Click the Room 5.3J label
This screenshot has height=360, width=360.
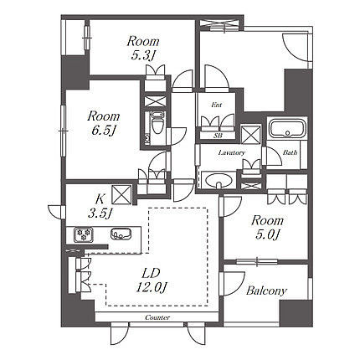tap(143, 48)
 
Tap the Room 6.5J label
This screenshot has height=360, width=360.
tap(104, 123)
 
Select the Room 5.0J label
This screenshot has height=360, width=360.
tap(267, 228)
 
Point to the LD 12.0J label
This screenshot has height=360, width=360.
tap(152, 280)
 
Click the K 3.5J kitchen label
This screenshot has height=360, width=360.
tap(100, 207)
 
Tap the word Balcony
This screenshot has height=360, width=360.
tap(266, 291)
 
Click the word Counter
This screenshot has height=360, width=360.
tap(157, 317)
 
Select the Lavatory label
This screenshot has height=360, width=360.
tap(232, 152)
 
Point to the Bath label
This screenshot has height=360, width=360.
tap(291, 152)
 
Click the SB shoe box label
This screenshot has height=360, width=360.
tap(218, 136)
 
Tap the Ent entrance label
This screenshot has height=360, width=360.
tap(217, 105)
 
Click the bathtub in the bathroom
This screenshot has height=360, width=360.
tap(286, 128)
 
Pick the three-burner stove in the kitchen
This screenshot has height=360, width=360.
tap(84, 234)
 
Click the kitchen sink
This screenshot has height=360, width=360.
tap(121, 234)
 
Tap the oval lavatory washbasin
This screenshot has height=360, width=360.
tap(219, 181)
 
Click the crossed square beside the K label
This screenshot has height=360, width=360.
tap(121, 194)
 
